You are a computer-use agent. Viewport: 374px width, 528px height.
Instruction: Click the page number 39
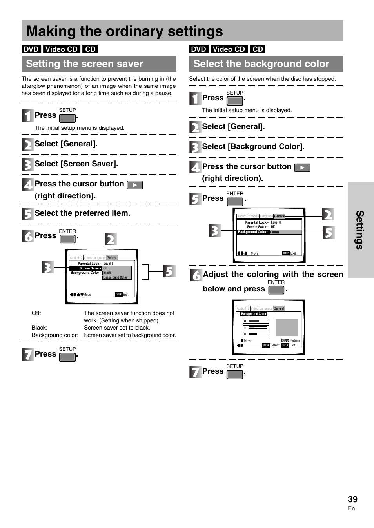pos(352,499)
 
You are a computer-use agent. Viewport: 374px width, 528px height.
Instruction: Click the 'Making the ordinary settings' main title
pos(125,31)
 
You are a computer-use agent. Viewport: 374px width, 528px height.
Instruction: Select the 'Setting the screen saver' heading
pos(84,64)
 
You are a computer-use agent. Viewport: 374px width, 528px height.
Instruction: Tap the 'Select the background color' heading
pos(261,64)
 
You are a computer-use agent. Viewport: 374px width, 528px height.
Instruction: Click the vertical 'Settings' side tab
pos(360,230)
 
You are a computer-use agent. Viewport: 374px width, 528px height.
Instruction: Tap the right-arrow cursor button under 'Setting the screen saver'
pos(134,185)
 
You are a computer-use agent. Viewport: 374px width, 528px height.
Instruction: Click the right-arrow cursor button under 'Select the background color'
pos(302,168)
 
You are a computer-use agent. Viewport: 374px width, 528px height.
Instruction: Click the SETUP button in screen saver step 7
pos(67,357)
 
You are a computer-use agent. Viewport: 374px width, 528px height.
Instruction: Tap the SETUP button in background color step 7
pos(235,374)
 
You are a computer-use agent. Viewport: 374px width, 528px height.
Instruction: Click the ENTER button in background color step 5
pos(235,202)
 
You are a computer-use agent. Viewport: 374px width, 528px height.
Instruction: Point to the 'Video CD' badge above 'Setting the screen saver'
pos(61,49)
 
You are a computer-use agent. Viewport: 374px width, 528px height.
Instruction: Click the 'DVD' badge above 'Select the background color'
pos(198,49)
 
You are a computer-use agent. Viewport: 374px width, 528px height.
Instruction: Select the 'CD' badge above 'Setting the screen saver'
pos(90,49)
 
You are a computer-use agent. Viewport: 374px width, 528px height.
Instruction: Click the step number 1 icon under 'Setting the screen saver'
pos(27,116)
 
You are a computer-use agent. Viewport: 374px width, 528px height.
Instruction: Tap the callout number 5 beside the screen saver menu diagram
pos(169,271)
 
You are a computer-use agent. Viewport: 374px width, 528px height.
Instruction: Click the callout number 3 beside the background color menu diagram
pos(214,230)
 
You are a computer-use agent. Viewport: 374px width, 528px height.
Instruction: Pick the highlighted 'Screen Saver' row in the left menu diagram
pos(86,268)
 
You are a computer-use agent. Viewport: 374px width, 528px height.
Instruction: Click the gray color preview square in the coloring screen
pos(287,328)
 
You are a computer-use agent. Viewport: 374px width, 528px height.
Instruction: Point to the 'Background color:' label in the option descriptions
pos(55,335)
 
